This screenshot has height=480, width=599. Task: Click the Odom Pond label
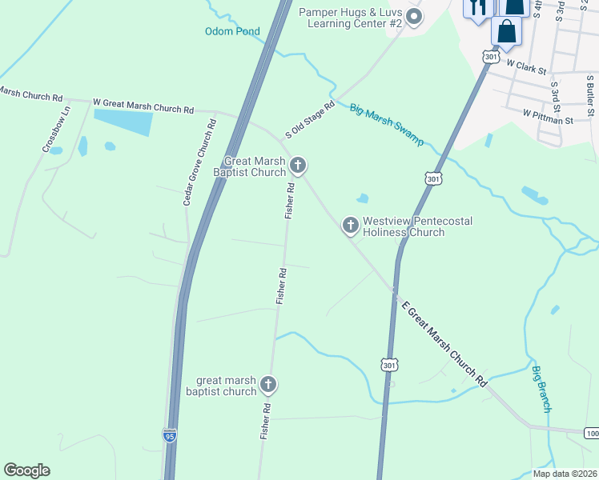232,32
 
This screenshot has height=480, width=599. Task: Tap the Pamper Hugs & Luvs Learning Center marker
414,16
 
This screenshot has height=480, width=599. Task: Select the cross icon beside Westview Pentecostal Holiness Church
350,226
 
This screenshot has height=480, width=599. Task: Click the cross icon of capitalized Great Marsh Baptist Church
298,166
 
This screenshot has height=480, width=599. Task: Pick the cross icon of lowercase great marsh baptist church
268,385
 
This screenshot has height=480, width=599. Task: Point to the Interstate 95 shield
169,436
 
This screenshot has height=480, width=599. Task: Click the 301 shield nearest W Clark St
491,57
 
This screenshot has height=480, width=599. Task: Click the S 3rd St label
553,94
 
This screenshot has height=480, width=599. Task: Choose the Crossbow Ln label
57,129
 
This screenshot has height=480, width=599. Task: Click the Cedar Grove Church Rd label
199,162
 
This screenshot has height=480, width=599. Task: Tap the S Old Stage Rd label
310,119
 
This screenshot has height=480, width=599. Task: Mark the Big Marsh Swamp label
387,125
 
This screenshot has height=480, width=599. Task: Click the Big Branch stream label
542,389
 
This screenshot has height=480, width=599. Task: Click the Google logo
26,470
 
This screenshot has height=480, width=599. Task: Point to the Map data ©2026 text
565,474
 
